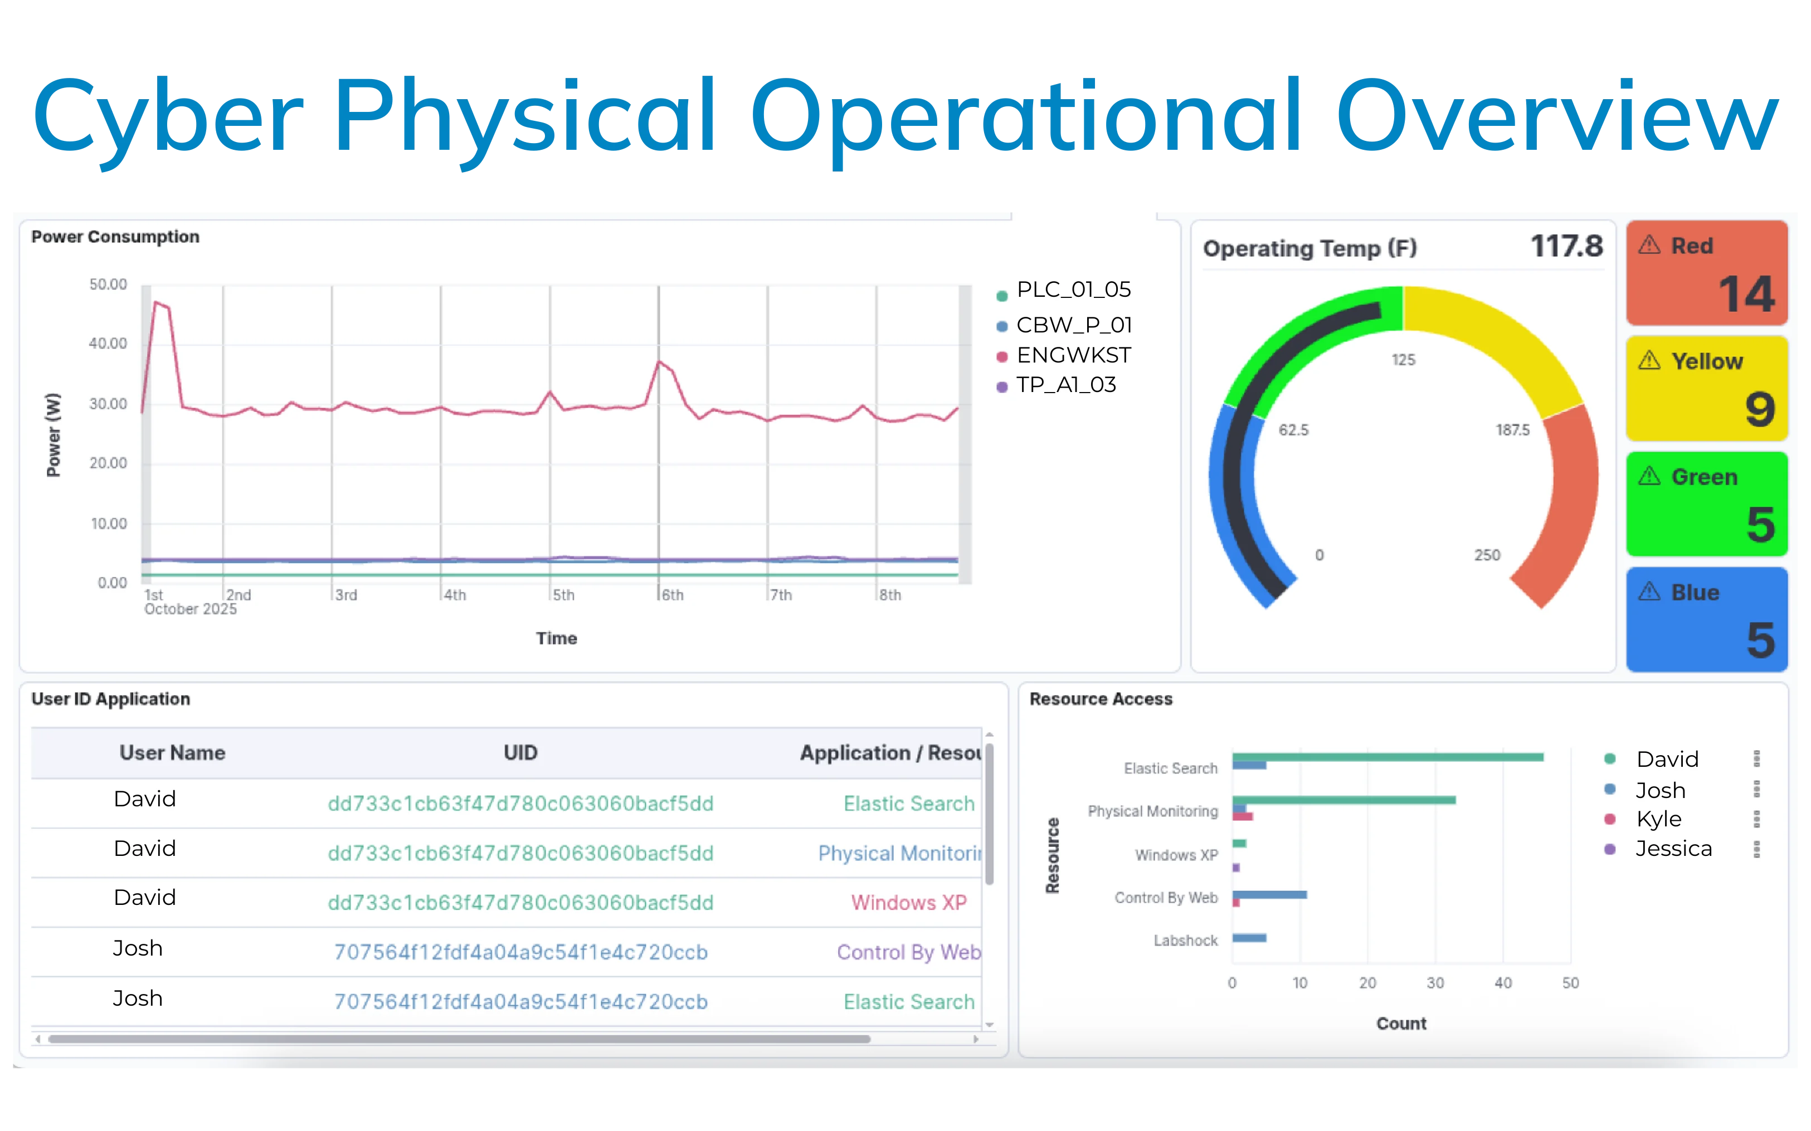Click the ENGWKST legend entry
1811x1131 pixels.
click(x=1072, y=355)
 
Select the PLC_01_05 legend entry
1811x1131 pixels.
click(x=1072, y=290)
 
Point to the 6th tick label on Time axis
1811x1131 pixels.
click(x=672, y=595)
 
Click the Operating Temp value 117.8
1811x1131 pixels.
click(x=1566, y=246)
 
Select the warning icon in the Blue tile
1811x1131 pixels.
click(x=1649, y=592)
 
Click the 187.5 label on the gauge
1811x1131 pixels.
click(x=1512, y=430)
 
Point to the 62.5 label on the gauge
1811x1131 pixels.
click(x=1293, y=430)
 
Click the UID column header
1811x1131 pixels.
click(x=520, y=752)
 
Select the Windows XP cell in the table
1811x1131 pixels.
click(x=908, y=903)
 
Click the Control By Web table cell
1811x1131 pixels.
click(x=908, y=952)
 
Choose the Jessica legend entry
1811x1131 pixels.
click(x=1673, y=849)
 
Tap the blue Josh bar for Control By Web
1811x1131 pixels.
click(x=1269, y=895)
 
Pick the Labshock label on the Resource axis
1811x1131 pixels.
click(x=1185, y=941)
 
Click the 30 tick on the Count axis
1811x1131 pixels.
click(x=1434, y=983)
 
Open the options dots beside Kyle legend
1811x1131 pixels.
click(x=1756, y=819)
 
